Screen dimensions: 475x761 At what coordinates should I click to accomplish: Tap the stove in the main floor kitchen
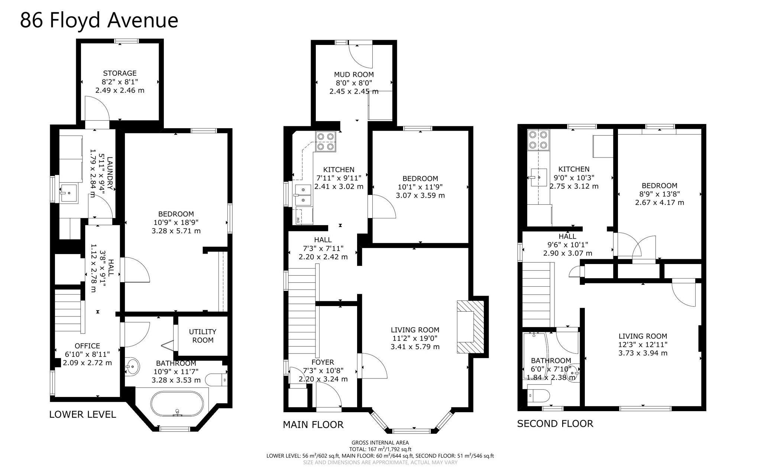pyautogui.click(x=325, y=141)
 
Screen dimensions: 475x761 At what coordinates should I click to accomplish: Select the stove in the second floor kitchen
pyautogui.click(x=538, y=140)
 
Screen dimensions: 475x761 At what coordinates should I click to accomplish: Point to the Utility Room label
pyautogui.click(x=203, y=336)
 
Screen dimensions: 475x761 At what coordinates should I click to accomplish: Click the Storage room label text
pyautogui.click(x=120, y=73)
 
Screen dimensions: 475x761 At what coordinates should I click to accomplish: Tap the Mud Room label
pyautogui.click(x=354, y=74)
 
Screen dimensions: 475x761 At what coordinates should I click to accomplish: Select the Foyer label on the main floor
pyautogui.click(x=323, y=362)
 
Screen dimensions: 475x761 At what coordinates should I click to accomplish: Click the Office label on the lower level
pyautogui.click(x=87, y=346)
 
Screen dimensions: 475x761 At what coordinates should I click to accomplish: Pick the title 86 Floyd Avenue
pyautogui.click(x=99, y=20)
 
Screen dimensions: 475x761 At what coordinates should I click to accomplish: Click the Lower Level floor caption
pyautogui.click(x=82, y=414)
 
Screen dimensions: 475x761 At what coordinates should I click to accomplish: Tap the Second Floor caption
pyautogui.click(x=555, y=423)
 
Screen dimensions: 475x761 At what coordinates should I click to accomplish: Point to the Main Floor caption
pyautogui.click(x=313, y=424)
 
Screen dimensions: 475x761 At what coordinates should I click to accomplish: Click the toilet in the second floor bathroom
pyautogui.click(x=539, y=396)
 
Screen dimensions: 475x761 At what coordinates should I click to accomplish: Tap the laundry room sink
pyautogui.click(x=68, y=193)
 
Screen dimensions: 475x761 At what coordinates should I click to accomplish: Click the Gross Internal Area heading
pyautogui.click(x=380, y=442)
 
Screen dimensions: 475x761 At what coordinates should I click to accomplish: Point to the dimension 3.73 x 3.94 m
pyautogui.click(x=642, y=353)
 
